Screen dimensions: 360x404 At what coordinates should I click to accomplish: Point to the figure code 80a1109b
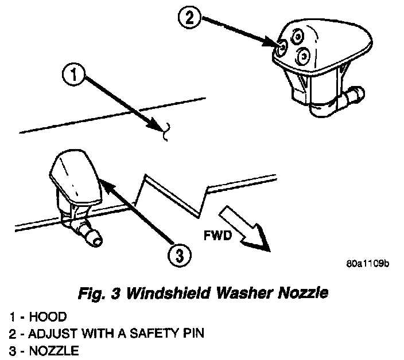(368, 265)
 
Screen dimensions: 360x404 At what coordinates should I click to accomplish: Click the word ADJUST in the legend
(45, 332)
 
